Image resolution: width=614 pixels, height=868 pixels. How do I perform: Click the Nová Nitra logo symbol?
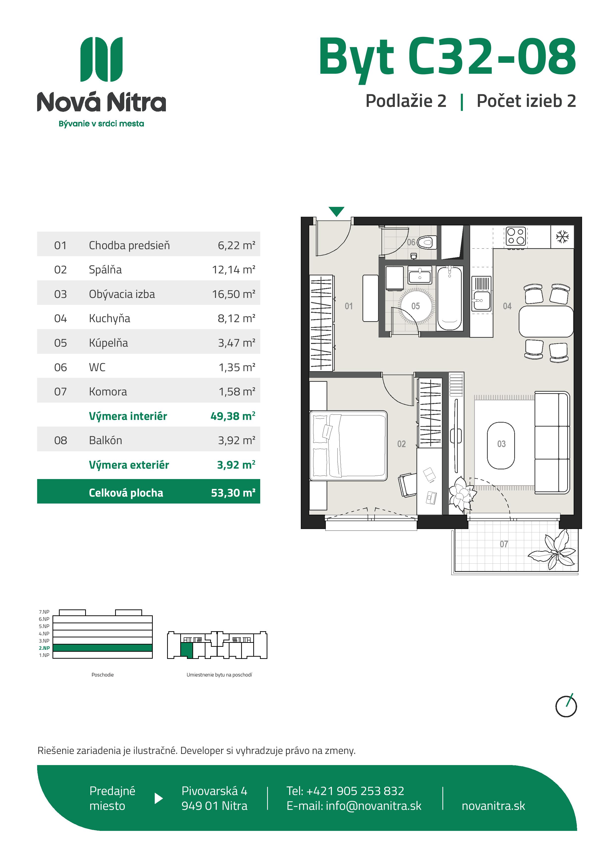[x=102, y=59]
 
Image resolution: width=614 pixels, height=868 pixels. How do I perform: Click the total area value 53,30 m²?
[x=233, y=493]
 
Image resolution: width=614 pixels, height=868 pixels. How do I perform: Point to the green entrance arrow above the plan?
[x=336, y=211]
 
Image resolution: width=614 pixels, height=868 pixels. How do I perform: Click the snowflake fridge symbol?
[x=562, y=237]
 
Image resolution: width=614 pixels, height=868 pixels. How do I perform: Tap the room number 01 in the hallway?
[x=348, y=306]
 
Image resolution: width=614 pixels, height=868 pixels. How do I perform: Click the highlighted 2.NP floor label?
[x=44, y=648]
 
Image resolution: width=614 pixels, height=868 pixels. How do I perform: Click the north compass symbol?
[x=566, y=706]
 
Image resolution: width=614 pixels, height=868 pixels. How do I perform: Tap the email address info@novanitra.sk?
[x=373, y=806]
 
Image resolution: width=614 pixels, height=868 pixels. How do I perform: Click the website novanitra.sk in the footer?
[x=493, y=806]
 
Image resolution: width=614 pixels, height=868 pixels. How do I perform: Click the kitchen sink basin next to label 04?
[x=482, y=301]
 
